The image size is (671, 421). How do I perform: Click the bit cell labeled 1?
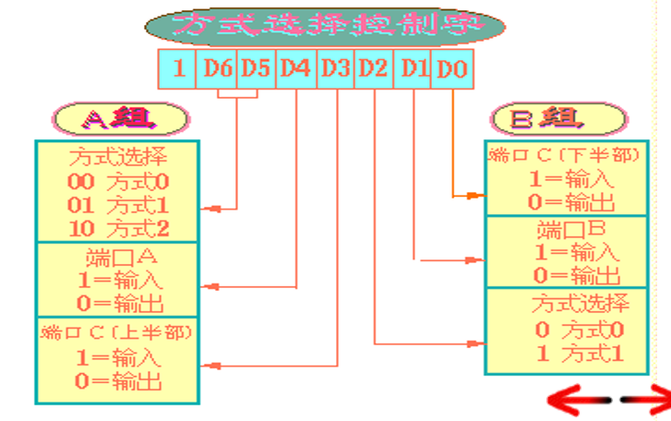click(x=177, y=69)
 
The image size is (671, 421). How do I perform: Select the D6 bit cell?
click(x=217, y=69)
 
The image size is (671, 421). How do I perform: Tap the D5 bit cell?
click(x=256, y=69)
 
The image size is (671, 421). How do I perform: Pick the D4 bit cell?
click(x=295, y=69)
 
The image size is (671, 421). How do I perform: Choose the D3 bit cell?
click(x=335, y=69)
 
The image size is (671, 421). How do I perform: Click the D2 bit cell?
click(x=374, y=69)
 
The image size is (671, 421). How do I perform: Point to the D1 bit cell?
click(x=413, y=69)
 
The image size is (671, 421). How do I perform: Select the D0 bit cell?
click(x=452, y=69)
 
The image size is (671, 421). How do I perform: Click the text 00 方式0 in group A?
click(x=117, y=182)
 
